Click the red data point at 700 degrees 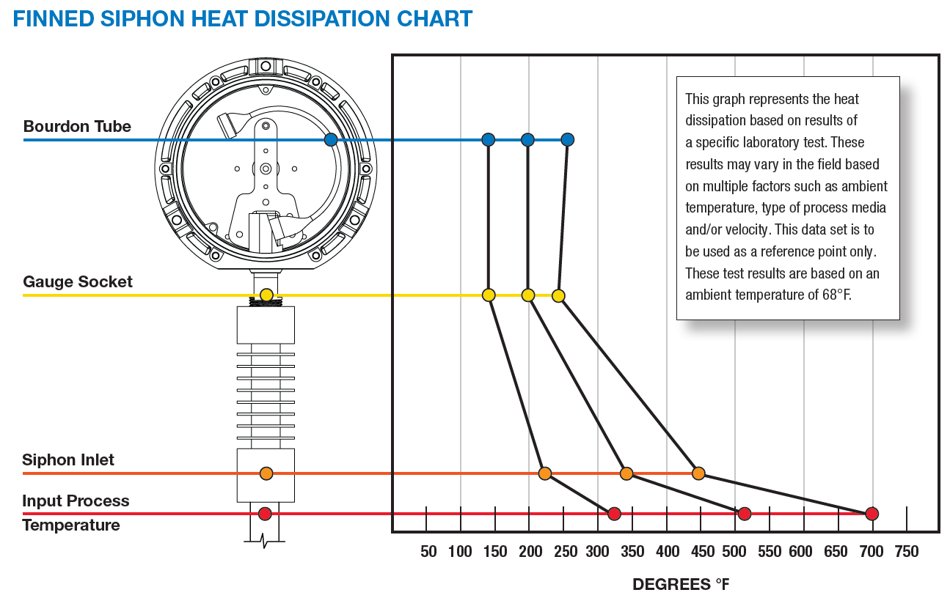click(x=872, y=514)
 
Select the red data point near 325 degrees click(x=615, y=514)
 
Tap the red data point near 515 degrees click(x=745, y=514)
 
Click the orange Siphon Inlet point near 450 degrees click(x=698, y=473)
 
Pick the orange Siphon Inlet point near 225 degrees click(x=544, y=473)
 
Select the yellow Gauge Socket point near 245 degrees click(x=558, y=295)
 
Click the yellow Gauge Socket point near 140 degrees click(x=489, y=295)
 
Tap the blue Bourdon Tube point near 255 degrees click(x=567, y=139)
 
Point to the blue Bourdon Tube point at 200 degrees click(x=527, y=139)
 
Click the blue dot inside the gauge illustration click(x=331, y=139)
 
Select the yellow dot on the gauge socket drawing click(x=266, y=295)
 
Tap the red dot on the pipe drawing click(x=266, y=514)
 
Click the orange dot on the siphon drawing click(x=266, y=473)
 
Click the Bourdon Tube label click(x=77, y=126)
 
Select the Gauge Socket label click(x=78, y=281)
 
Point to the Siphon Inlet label click(x=68, y=460)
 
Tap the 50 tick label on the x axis click(x=428, y=552)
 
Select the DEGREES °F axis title click(x=681, y=585)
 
